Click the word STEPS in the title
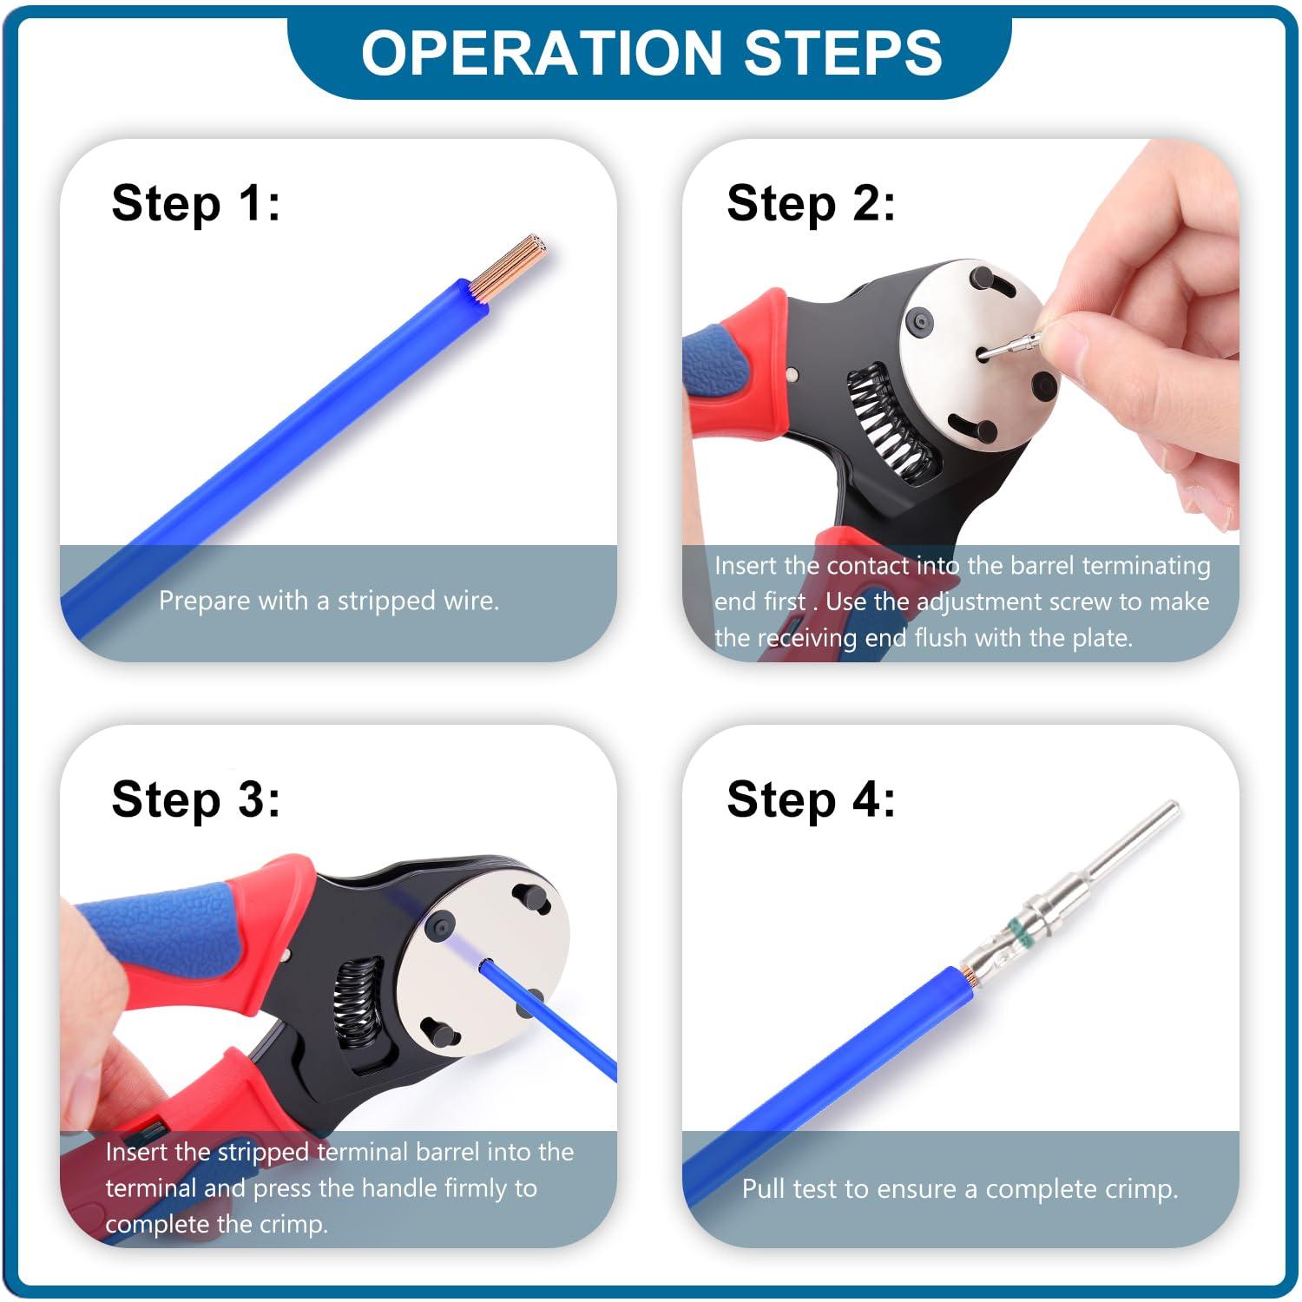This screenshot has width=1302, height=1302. [843, 52]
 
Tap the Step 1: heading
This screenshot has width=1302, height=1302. [196, 205]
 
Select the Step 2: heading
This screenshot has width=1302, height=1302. [811, 205]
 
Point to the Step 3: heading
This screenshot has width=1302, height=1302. [196, 800]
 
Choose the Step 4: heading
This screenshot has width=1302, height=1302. [811, 800]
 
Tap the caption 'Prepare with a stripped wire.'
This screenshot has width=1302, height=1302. [329, 601]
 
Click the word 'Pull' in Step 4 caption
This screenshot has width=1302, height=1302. [761, 1188]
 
